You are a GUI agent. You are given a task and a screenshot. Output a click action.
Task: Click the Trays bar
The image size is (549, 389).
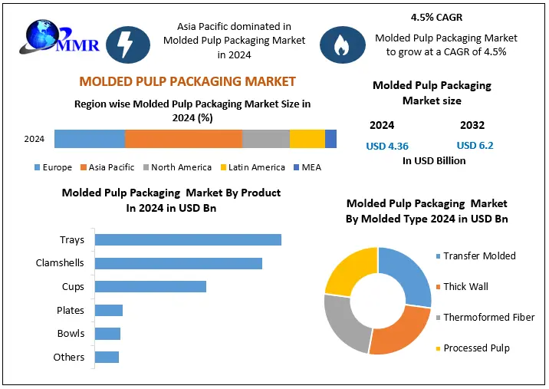188,239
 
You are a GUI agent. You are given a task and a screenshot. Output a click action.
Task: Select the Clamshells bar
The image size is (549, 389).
178,263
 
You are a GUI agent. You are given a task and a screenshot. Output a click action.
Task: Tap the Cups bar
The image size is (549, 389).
150,286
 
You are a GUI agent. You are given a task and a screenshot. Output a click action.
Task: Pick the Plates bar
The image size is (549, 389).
108,310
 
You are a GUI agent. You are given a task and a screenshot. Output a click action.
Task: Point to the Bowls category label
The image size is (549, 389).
71,334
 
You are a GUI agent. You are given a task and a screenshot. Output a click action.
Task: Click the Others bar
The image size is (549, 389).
107,357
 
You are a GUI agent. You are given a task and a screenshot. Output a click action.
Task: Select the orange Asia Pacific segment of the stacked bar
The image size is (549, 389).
183,139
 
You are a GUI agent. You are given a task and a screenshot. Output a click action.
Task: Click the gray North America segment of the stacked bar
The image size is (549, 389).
266,139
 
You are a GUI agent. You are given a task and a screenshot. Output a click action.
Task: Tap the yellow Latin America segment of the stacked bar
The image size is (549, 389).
307,139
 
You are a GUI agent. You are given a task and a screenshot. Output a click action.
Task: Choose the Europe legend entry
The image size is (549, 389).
53,167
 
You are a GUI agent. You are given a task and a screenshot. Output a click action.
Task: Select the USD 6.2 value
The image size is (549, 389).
475,146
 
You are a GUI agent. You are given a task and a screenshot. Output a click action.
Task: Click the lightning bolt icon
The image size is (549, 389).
123,45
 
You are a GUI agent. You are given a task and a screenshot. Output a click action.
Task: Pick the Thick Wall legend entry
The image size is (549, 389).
465,286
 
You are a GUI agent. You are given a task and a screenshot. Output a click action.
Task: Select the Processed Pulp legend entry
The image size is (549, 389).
475,348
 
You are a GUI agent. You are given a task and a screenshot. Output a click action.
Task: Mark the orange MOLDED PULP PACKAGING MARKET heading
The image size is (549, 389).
187,81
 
